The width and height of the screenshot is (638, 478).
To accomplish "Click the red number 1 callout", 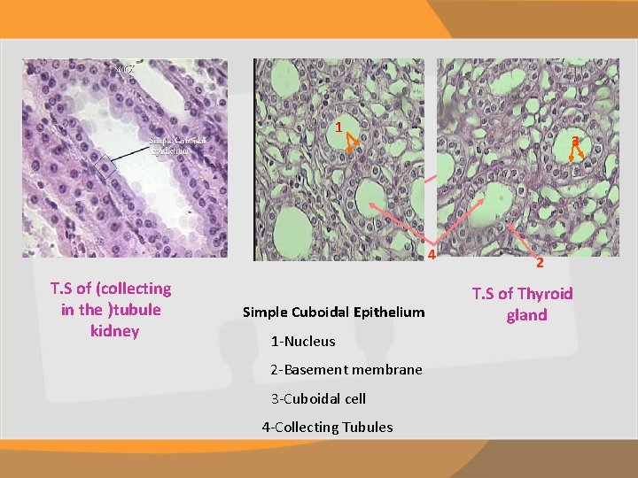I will (x=338, y=127).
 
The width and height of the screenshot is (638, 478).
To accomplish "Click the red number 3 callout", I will (x=575, y=141).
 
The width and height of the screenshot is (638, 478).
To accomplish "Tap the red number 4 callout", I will (x=432, y=256).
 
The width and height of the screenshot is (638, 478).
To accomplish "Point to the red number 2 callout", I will (x=539, y=262).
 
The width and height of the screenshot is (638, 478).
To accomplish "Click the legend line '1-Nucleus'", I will (x=303, y=341).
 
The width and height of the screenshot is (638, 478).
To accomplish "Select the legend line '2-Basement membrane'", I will (x=346, y=369).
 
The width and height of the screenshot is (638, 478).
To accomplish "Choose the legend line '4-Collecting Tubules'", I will (x=327, y=427).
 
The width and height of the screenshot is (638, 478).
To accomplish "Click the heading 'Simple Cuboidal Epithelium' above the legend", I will (x=333, y=312).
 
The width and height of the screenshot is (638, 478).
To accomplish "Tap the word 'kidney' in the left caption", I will (x=114, y=331).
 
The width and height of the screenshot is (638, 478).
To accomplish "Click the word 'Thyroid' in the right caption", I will (x=543, y=293).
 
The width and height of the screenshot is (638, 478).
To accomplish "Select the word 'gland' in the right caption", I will (x=526, y=314).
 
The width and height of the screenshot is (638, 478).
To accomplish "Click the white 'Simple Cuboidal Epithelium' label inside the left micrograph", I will (x=177, y=145).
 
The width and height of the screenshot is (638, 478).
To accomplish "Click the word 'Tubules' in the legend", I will (x=368, y=427).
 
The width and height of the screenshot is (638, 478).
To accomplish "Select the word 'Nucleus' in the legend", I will (x=310, y=341).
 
